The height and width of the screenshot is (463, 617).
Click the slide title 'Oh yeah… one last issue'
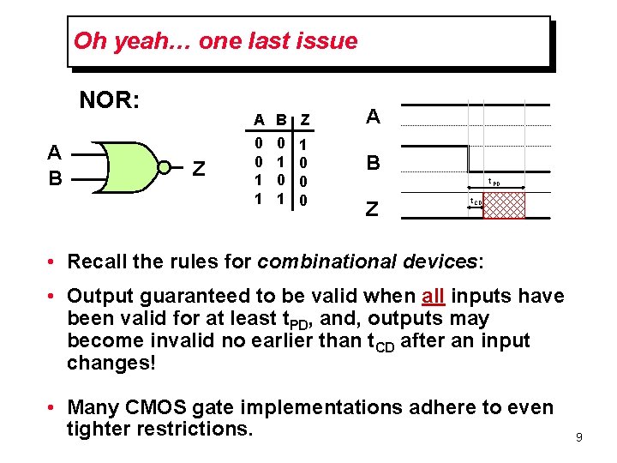(x=215, y=40)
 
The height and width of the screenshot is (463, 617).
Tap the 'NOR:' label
(x=110, y=100)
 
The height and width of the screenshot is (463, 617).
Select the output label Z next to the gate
(x=198, y=168)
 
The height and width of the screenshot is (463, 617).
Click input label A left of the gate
(x=54, y=152)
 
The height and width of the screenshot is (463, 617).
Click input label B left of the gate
(x=54, y=177)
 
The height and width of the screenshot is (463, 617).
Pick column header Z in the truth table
(x=306, y=118)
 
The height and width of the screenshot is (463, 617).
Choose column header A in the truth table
(x=258, y=118)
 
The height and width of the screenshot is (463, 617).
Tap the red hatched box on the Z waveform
(x=504, y=206)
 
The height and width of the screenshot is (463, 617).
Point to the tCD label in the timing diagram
(x=474, y=202)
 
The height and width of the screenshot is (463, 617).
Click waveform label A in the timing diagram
(x=374, y=117)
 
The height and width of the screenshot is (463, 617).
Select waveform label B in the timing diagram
(x=374, y=163)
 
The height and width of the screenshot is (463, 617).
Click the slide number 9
(x=579, y=437)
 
